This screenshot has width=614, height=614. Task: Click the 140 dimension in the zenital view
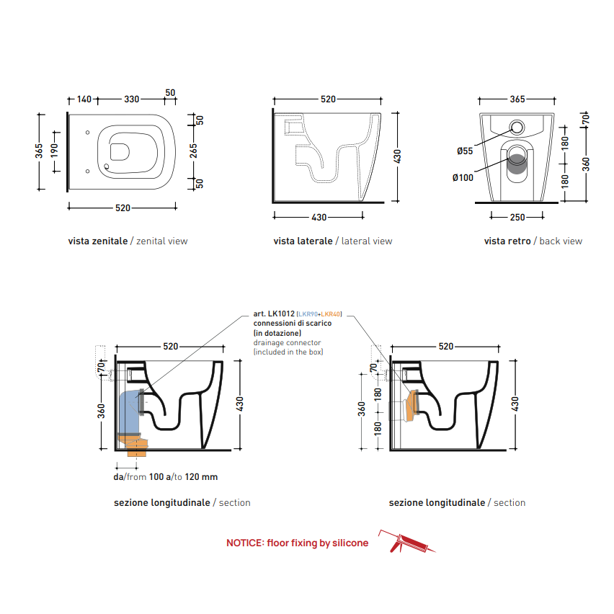(x=84, y=99)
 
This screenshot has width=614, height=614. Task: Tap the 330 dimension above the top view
(x=132, y=99)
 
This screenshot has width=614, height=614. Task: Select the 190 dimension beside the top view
(x=54, y=151)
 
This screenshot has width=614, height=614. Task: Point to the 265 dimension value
(x=193, y=151)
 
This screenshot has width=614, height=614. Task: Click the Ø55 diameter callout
(x=465, y=151)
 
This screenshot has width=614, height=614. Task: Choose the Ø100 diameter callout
(x=463, y=178)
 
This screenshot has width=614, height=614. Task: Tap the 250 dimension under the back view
(x=517, y=218)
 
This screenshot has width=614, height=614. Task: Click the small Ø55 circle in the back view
(x=517, y=128)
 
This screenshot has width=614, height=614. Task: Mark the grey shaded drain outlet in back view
(x=517, y=164)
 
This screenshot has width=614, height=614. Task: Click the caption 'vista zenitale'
(x=98, y=241)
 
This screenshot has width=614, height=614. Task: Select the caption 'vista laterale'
(x=303, y=241)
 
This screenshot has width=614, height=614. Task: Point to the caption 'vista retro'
(x=507, y=241)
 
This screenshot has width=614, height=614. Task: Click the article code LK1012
(x=281, y=313)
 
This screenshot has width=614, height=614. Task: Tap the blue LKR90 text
(x=308, y=314)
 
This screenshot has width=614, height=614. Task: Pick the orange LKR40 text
(x=331, y=314)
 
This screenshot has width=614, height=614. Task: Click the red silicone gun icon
(x=406, y=541)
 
